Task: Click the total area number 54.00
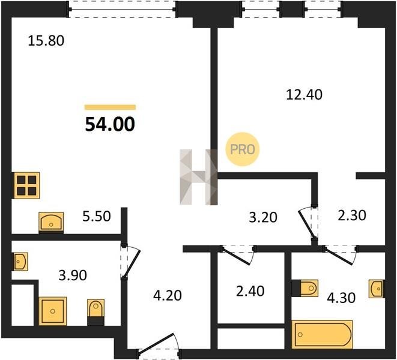[110, 125]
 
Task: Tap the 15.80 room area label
[46, 41]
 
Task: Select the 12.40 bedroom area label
[304, 95]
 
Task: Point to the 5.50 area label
[97, 217]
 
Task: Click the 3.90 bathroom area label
[73, 275]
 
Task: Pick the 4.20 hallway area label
[168, 295]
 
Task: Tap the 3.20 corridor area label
[263, 217]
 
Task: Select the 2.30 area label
[352, 215]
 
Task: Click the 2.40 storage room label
[250, 291]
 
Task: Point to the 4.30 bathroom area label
[341, 298]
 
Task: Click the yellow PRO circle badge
[242, 149]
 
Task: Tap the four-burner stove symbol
[26, 185]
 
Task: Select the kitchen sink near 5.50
[51, 222]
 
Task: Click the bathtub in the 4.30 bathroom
[322, 334]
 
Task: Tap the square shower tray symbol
[53, 311]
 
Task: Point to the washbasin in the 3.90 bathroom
[21, 262]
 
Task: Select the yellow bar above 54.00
[110, 107]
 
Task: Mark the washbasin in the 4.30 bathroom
[376, 289]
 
